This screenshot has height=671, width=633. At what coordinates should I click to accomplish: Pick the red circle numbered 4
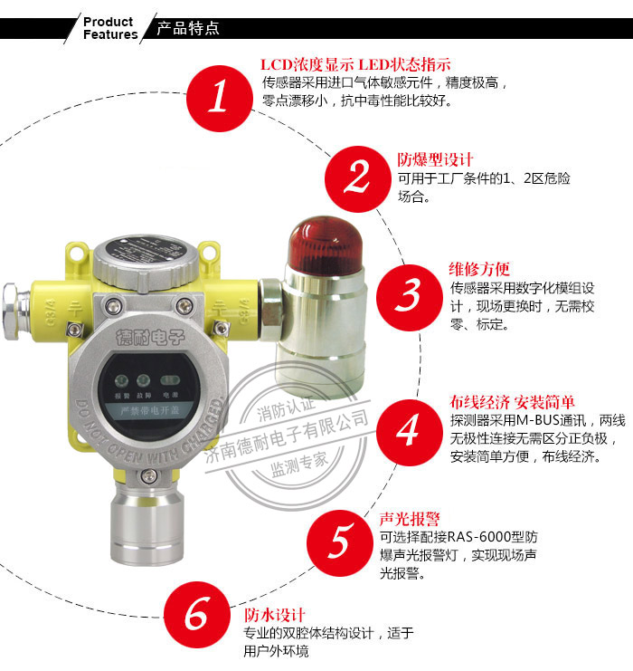point(409,428)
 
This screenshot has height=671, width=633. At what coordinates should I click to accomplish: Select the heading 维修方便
point(479,269)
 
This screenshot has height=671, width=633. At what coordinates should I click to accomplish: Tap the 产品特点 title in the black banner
point(188,28)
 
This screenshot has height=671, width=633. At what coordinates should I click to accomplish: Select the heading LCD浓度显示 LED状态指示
point(355,65)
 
